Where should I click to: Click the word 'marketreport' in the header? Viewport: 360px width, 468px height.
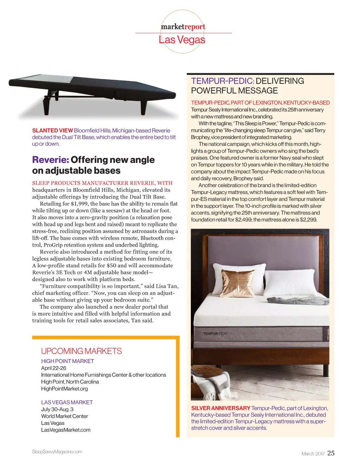coord(183,27)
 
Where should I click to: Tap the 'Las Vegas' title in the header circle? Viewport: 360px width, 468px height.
coord(182,40)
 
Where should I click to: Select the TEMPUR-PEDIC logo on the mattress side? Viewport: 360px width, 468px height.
coord(216,333)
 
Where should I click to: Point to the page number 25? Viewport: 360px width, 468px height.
coord(331,453)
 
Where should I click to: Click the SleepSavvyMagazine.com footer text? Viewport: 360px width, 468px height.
coord(57,452)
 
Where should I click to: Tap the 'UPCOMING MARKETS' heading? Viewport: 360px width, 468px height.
coord(81,351)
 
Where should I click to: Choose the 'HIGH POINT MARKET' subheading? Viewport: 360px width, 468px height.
coord(67,361)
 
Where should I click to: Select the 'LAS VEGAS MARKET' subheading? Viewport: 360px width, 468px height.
coord(67,402)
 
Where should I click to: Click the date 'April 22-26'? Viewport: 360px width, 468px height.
coord(53,368)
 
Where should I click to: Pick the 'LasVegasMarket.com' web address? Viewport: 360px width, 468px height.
coord(66,430)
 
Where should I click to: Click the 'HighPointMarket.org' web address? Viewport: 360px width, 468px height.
coord(64,389)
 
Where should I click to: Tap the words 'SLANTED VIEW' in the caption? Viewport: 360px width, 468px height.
coord(52,131)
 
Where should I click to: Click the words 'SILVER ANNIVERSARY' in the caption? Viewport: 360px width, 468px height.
coord(220,408)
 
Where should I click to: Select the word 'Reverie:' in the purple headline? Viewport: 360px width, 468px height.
coord(51,160)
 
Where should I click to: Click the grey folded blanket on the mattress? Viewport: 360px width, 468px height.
coord(297,300)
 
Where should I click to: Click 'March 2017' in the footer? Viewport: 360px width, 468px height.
coord(313,454)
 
